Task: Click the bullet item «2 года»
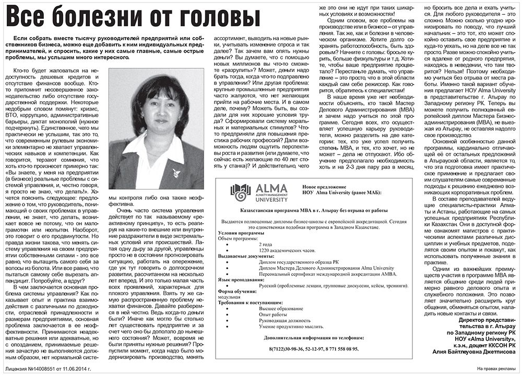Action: click(265, 245)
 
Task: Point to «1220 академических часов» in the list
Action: click(288, 251)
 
